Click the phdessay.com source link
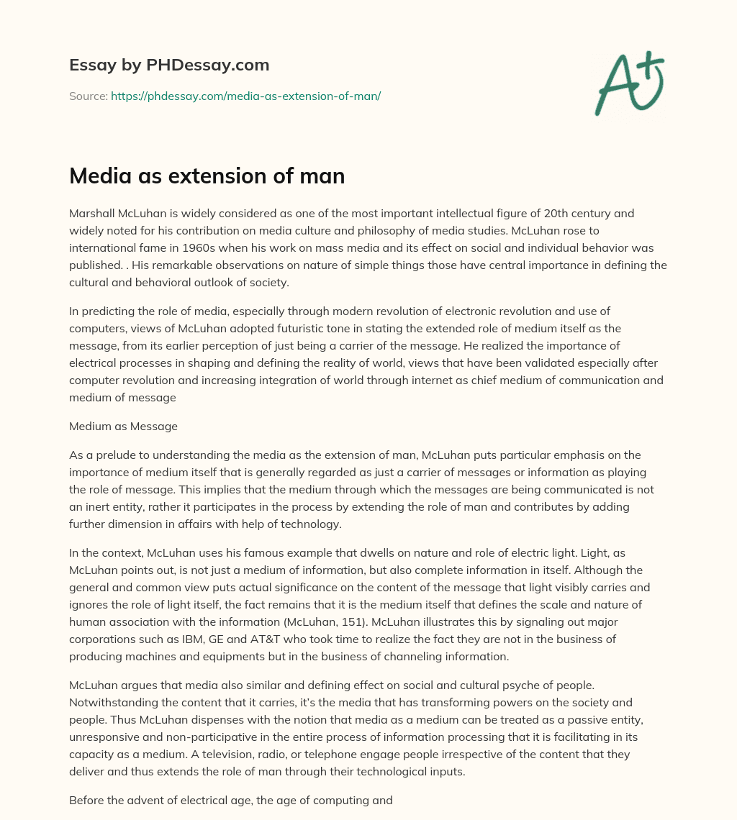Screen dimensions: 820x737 pos(245,96)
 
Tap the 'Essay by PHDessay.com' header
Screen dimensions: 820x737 pos(169,65)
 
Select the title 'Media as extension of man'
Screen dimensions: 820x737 pos(207,176)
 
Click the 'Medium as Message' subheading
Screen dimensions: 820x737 pos(123,427)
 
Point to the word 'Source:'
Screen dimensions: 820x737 pos(89,96)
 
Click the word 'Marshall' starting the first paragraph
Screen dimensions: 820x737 pos(91,213)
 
